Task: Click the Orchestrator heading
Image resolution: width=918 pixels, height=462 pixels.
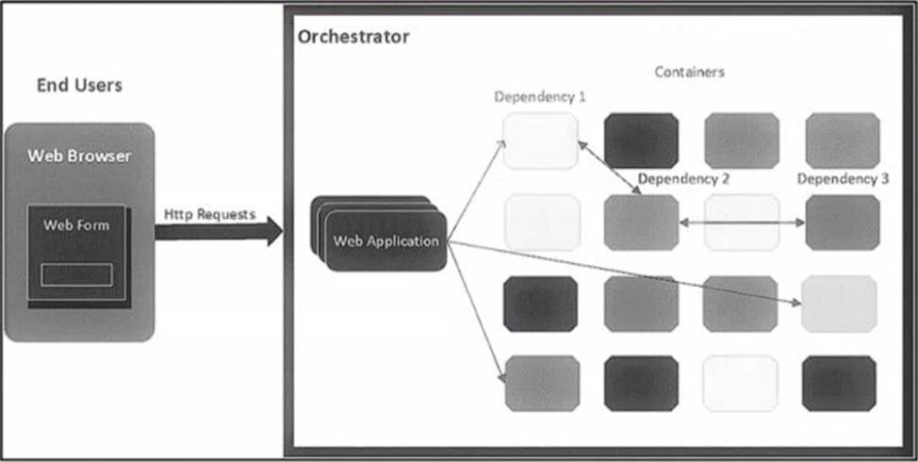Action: pos(353,38)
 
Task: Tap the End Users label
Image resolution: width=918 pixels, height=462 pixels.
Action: pos(79,86)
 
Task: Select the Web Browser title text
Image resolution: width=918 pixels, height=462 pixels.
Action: pos(79,156)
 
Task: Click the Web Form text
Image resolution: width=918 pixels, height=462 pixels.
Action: pos(76,226)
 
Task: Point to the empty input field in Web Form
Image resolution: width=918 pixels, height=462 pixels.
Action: pos(76,274)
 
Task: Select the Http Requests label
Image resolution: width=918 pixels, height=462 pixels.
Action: pos(209,214)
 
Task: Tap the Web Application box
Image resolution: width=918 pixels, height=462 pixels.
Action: pos(385,241)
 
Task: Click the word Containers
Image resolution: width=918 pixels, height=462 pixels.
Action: pos(690,72)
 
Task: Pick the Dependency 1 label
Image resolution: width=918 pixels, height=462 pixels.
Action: pos(540,97)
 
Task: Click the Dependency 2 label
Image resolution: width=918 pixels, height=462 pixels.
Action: pos(683,178)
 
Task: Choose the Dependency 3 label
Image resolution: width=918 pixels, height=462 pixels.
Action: pos(843,178)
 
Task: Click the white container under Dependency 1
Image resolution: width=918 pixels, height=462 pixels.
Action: pos(540,140)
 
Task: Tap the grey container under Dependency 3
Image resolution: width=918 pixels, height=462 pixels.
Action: pos(843,223)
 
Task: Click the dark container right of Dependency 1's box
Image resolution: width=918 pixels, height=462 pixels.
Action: pos(642,140)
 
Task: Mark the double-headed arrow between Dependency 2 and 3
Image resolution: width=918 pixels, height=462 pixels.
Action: pos(742,223)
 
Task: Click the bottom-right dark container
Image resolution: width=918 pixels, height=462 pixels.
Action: pos(839,384)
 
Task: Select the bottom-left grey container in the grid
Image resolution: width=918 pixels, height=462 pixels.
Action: pos(542,384)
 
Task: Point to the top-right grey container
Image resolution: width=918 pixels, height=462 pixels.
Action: pos(843,140)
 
